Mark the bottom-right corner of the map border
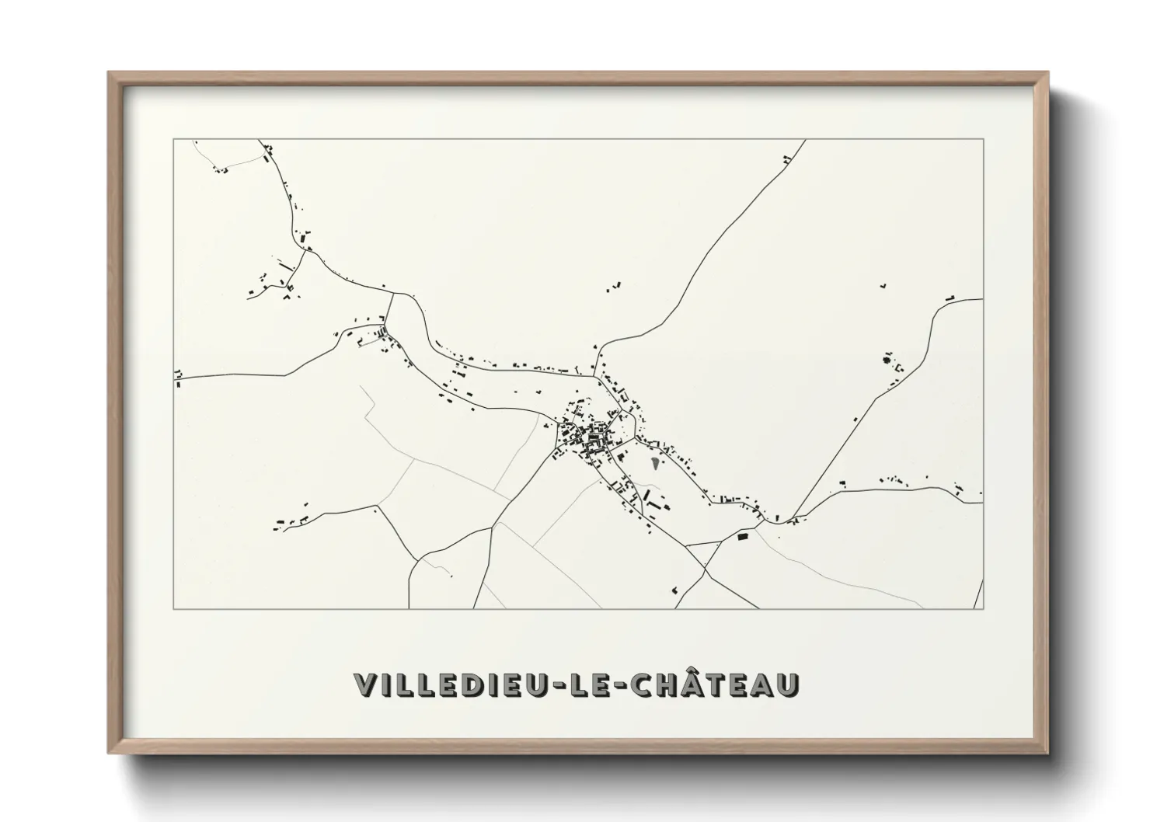983,608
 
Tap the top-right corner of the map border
983,140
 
